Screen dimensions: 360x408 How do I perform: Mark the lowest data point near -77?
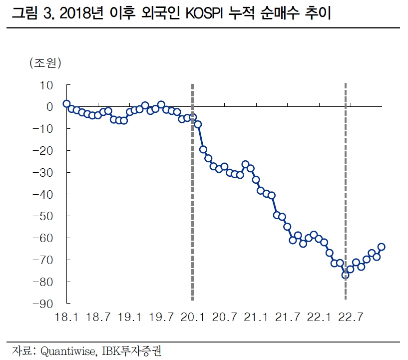pos(345,275)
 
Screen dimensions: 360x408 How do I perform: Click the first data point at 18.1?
pos(66,104)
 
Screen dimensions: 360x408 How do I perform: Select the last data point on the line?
pos(382,247)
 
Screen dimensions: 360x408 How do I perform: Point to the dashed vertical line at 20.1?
pos(193,200)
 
